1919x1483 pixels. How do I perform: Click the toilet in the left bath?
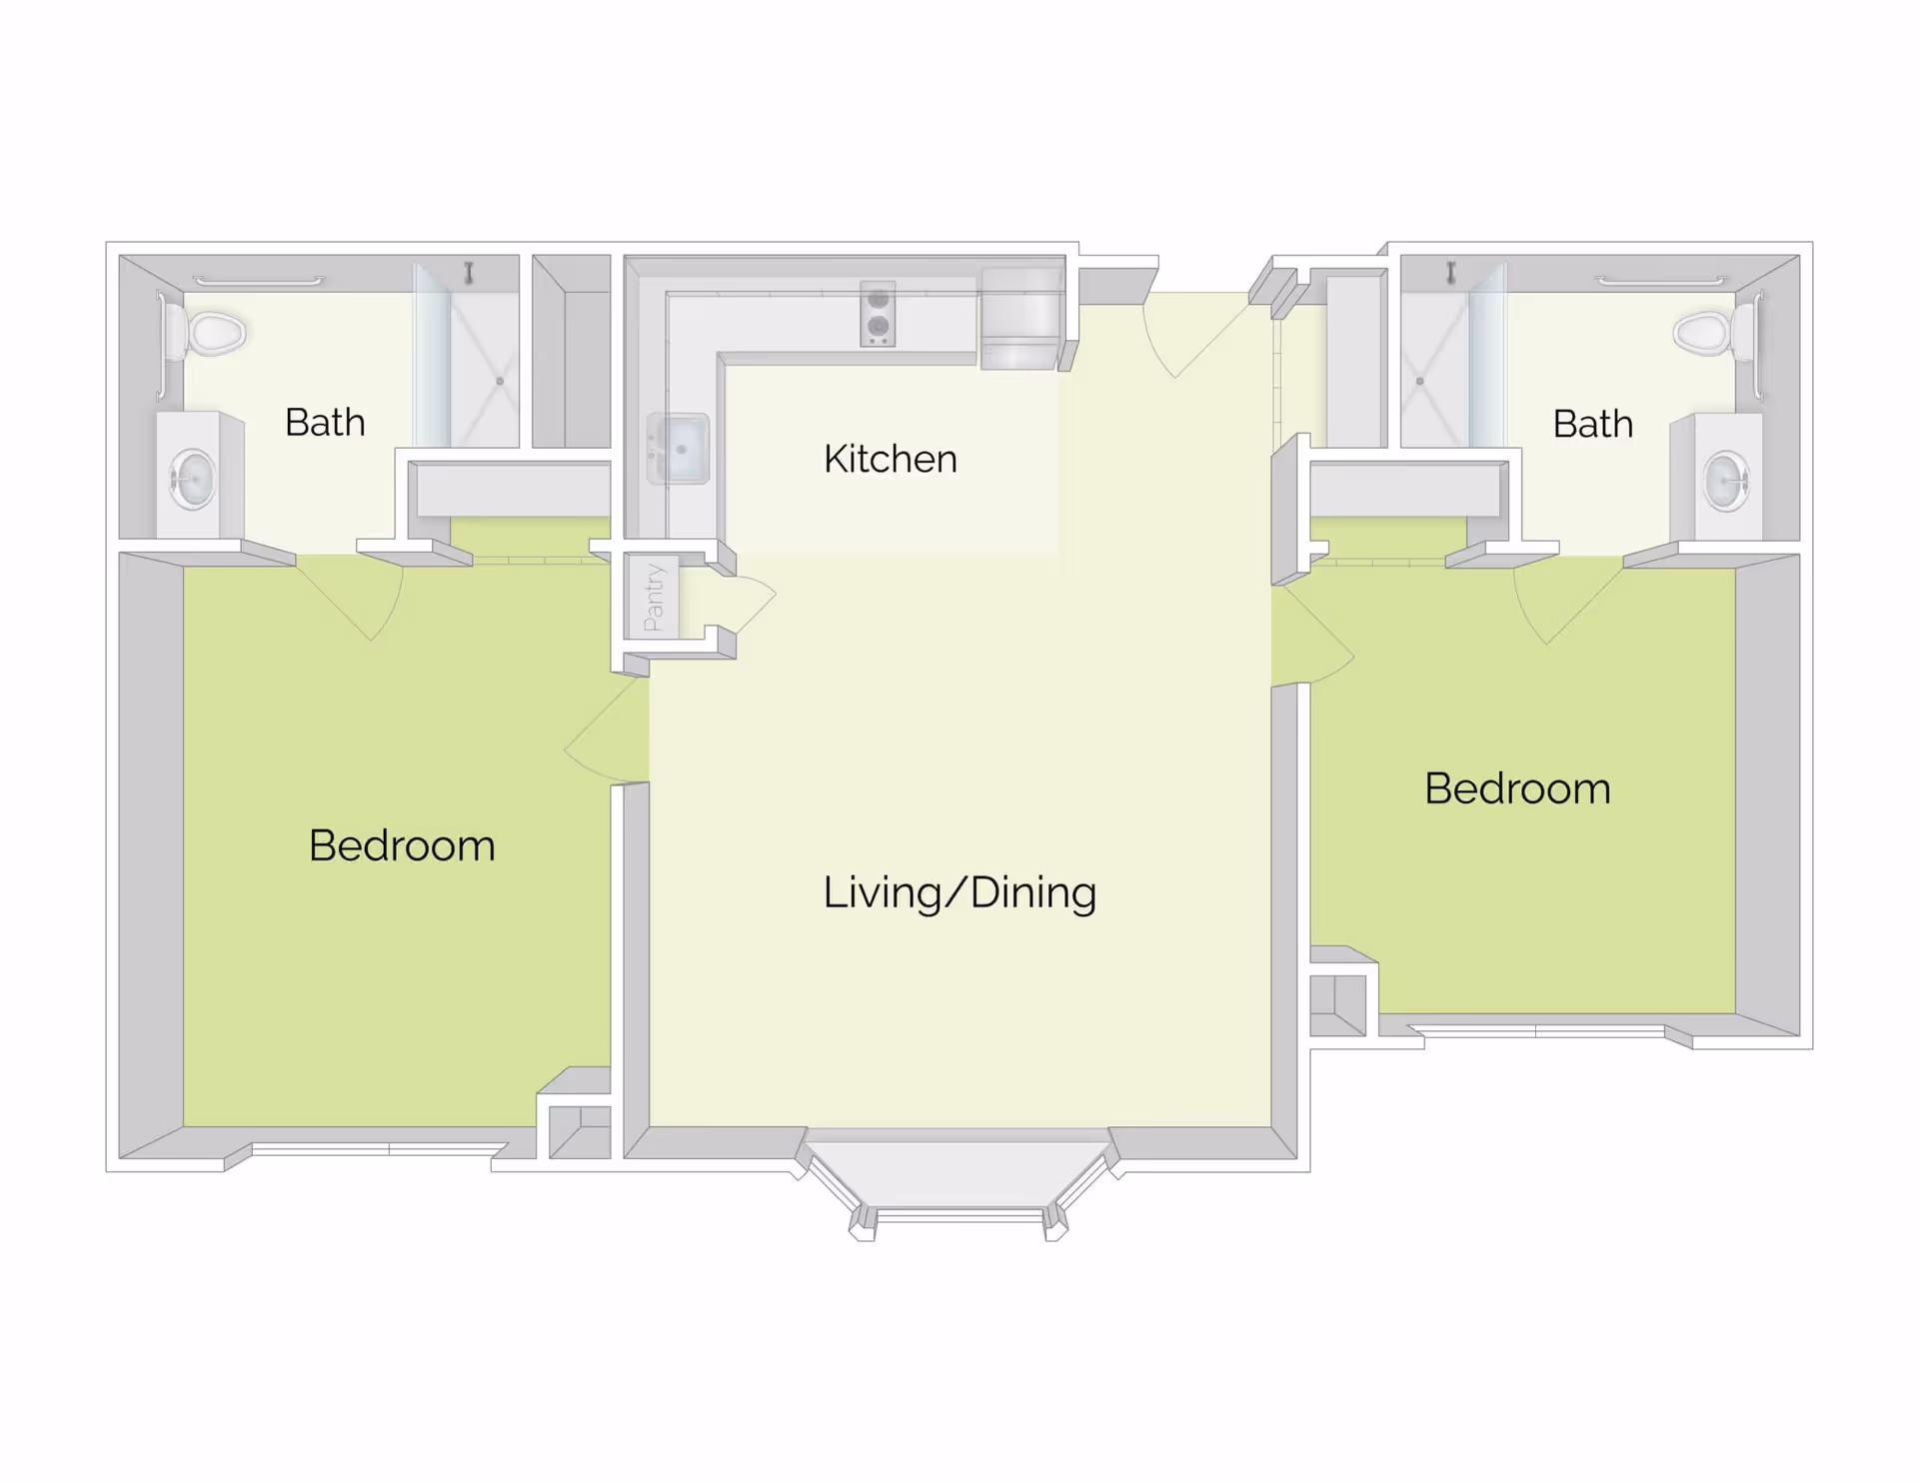coord(211,333)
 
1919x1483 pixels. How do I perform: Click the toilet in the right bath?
coord(1708,333)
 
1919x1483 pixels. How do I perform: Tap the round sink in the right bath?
coord(1726,481)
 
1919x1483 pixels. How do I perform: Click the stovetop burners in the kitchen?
coord(878,313)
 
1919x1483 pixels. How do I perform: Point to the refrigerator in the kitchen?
coord(1021,317)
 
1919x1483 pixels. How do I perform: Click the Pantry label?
coord(654,598)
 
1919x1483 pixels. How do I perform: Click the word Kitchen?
coord(890,459)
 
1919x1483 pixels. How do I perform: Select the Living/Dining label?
coord(959,892)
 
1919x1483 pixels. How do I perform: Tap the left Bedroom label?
coord(402,845)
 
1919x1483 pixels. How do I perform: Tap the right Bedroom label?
coord(1516,788)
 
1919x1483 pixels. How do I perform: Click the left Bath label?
coord(325,423)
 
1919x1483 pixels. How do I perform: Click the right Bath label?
coord(1592,424)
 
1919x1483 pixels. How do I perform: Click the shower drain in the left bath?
coord(500,381)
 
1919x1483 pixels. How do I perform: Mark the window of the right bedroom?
coord(1539,1029)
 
